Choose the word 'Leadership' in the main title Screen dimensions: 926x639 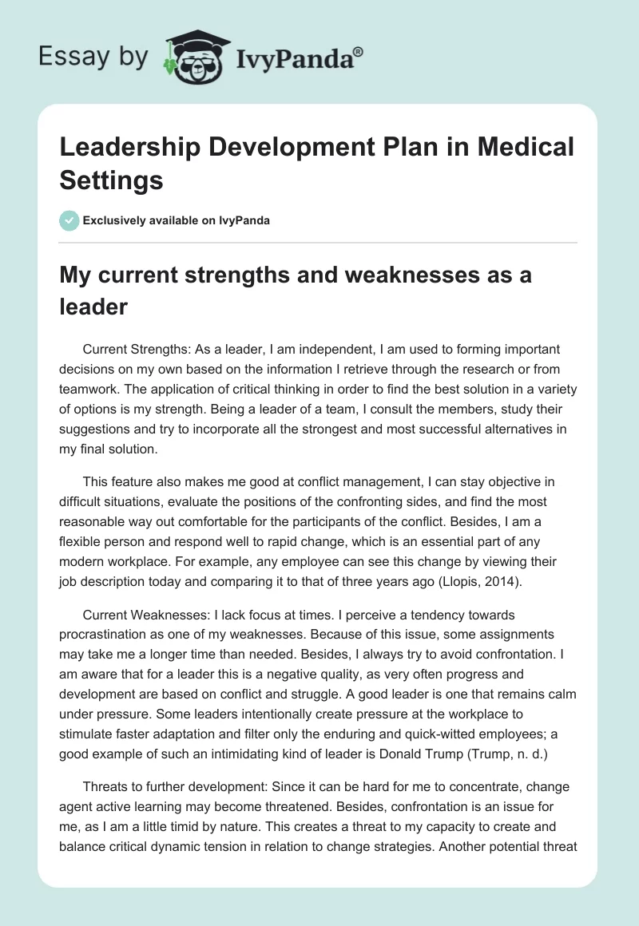tap(137, 147)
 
